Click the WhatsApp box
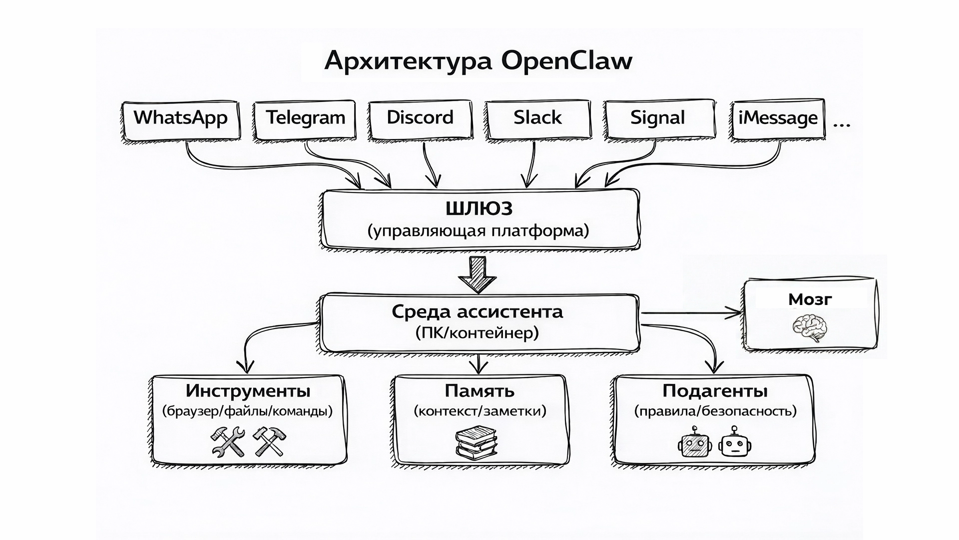181,120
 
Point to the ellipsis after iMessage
842,124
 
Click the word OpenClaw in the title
567,61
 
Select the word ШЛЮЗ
479,208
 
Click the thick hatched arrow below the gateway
478,274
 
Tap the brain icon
810,327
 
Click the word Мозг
810,299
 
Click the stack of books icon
476,442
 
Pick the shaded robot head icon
694,442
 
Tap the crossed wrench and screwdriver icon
228,441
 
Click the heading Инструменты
248,390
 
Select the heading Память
479,390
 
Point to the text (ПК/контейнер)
477,333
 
